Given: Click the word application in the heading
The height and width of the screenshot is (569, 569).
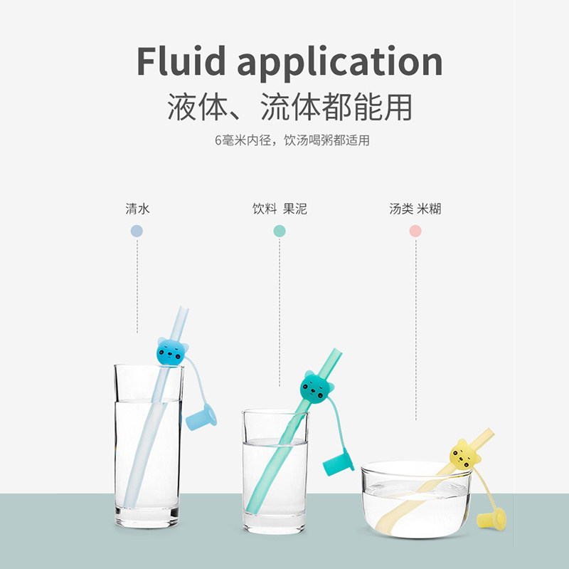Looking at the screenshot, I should click(x=339, y=63).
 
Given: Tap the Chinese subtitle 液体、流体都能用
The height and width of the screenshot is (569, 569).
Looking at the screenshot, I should click(x=289, y=108).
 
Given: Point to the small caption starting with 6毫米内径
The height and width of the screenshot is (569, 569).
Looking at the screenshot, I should click(x=292, y=140).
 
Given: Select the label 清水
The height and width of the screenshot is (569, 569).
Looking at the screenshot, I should click(x=137, y=209).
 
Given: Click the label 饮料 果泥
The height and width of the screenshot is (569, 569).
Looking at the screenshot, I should click(x=280, y=209).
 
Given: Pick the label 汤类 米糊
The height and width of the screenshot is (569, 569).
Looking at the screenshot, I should click(x=415, y=209).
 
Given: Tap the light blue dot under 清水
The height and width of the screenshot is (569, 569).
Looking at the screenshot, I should click(x=137, y=231).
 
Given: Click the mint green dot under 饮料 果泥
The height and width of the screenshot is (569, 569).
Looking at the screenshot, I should click(x=280, y=231).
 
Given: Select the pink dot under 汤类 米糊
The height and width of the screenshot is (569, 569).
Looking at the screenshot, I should click(x=415, y=231).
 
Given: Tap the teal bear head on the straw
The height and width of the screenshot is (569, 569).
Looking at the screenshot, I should click(x=314, y=387).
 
